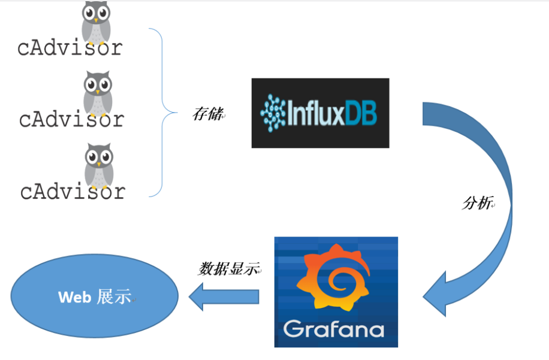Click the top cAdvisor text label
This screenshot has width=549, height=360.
70,48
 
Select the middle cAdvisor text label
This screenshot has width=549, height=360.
71,119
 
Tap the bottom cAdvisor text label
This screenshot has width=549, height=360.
73,192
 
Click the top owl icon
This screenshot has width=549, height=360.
96,20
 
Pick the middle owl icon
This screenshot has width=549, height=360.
98,92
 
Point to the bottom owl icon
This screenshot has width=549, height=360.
99,164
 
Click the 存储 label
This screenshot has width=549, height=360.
207,114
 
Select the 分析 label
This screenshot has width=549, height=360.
476,203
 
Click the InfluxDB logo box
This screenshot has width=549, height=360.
320,113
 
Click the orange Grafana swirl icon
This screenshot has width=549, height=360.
335,278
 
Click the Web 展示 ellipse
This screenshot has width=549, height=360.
95,296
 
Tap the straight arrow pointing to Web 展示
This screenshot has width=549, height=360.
225,296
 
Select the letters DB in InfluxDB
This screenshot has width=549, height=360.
361,113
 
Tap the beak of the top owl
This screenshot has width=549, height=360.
96,20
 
